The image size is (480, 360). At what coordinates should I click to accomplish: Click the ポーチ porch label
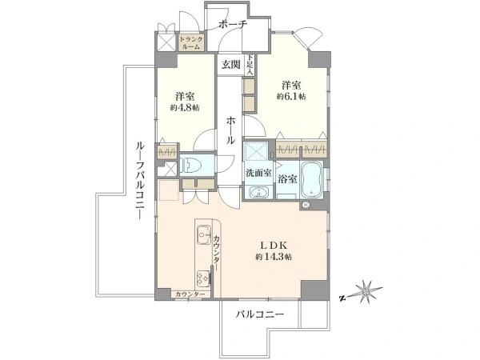click(233, 24)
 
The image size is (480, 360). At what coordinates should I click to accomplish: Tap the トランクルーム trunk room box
click(191, 43)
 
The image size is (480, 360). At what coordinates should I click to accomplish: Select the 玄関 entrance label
click(231, 65)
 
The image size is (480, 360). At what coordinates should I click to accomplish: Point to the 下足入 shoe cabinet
click(250, 65)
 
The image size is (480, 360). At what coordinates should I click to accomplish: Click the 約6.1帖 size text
click(291, 97)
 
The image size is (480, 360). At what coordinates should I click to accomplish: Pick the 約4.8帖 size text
click(185, 108)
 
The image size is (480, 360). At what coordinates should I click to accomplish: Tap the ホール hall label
click(230, 130)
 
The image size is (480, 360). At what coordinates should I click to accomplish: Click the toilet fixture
click(191, 166)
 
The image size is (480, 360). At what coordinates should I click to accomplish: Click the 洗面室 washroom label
click(259, 173)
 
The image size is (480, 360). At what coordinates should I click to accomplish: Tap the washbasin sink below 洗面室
click(259, 193)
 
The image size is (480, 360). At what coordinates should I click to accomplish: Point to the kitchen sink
click(204, 234)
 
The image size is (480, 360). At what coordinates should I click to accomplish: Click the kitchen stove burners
click(203, 278)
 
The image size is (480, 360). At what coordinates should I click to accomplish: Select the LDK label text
click(274, 246)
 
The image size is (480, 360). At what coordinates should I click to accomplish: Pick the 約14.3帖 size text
click(274, 257)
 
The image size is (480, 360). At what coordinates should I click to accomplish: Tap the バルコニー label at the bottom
click(260, 314)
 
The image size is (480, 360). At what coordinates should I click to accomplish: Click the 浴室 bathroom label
click(287, 179)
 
